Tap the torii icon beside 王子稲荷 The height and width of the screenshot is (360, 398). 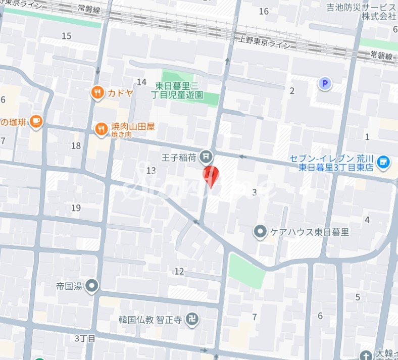(x=206, y=157)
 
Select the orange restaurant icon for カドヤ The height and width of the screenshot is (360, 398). (x=97, y=92)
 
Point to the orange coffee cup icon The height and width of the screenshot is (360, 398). (x=35, y=121)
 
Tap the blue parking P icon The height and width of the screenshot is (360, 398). (x=324, y=83)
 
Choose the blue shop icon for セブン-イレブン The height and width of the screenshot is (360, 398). (x=384, y=162)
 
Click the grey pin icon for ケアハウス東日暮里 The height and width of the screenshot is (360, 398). (x=260, y=232)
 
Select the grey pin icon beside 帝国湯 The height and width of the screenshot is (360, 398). (x=91, y=286)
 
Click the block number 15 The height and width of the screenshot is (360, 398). (x=67, y=36)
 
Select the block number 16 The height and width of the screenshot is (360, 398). (x=264, y=11)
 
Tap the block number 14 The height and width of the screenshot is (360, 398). (x=141, y=82)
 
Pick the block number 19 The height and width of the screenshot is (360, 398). (x=76, y=208)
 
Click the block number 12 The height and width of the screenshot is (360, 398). (x=179, y=271)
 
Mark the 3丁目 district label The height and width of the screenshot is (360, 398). (x=85, y=338)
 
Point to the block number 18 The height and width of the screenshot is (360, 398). (x=76, y=146)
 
